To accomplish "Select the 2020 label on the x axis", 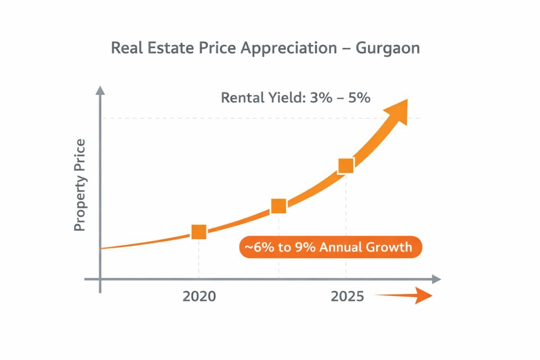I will tap(199, 297).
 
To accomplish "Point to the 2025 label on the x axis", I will tap(347, 297).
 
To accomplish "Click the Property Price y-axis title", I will tap(80, 185).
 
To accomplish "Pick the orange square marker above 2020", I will tap(199, 232).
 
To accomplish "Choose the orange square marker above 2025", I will tap(346, 166).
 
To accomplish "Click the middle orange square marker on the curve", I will tap(279, 206).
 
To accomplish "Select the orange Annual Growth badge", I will tap(331, 247).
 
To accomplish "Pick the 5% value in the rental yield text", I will tap(359, 97).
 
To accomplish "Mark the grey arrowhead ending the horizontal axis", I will tap(435, 279).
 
